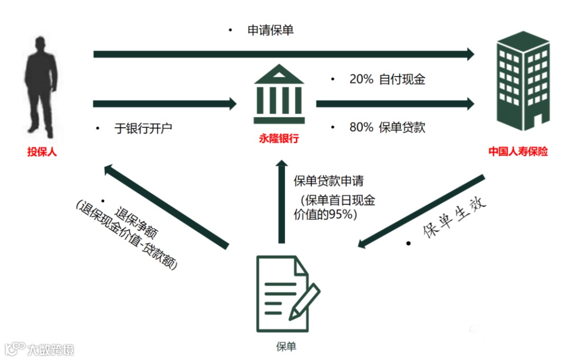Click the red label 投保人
[42, 152]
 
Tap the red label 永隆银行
[279, 139]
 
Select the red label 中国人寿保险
[518, 151]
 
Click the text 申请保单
[271, 30]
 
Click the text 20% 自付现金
[387, 79]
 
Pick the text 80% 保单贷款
[387, 127]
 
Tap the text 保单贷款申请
[328, 181]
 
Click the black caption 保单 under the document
[286, 346]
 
